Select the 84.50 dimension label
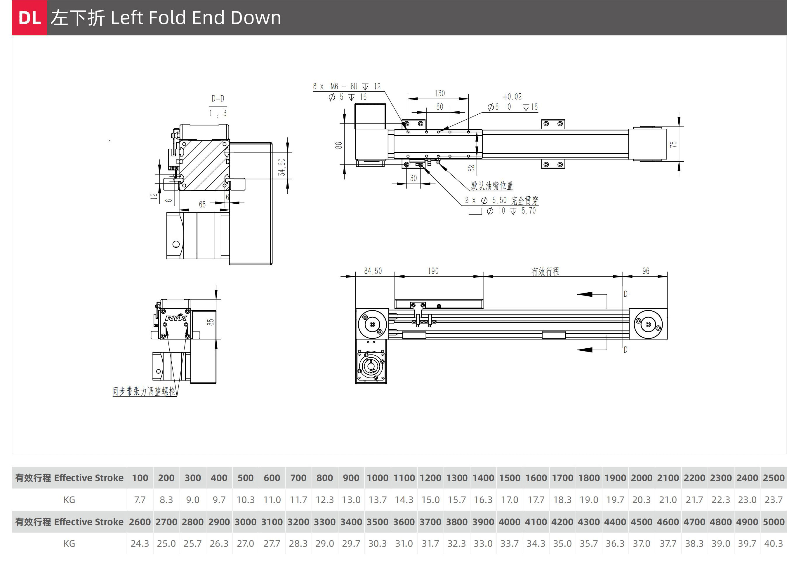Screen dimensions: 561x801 point(373,271)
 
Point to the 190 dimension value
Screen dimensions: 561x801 point(433,271)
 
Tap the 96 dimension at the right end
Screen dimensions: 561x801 point(645,271)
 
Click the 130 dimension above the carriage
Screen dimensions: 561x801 point(439,93)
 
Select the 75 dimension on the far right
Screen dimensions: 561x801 point(673,144)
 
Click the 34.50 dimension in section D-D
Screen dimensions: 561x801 point(282,167)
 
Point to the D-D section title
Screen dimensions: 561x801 point(218,99)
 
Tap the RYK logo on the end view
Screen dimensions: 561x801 point(176,318)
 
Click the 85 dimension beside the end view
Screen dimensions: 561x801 point(210,322)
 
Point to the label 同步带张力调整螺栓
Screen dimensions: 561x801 point(144,391)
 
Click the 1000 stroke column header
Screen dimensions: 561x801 point(378,478)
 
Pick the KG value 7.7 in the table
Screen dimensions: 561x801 point(140,500)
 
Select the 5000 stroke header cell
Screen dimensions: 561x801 point(774,522)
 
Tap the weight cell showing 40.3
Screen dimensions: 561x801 point(774,543)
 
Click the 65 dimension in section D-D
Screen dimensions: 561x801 point(202,205)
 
